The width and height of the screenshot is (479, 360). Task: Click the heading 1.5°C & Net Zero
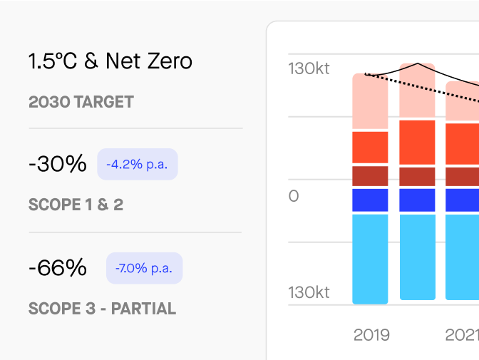point(110,61)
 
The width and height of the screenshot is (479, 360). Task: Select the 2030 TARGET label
point(81,102)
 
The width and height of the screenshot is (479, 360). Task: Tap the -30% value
point(57,164)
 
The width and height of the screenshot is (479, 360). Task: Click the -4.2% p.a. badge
point(138,165)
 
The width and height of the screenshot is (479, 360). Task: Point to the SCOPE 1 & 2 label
point(76,205)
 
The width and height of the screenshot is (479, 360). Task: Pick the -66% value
point(58,268)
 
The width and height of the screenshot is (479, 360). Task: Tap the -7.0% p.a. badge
point(145,269)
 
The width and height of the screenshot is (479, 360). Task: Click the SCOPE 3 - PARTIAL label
point(102,309)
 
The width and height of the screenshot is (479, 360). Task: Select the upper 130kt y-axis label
point(309,69)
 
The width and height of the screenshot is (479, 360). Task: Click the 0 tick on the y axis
point(294,196)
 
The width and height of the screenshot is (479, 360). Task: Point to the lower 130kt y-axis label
point(309,293)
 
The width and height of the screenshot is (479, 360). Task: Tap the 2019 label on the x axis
point(371,334)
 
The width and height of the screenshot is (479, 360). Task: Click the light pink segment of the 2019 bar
point(370,101)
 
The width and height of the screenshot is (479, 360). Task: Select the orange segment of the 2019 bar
point(370,148)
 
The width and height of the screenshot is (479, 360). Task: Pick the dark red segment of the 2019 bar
point(370,176)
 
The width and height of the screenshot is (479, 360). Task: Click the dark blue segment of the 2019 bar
point(370,200)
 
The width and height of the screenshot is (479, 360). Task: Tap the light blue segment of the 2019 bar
point(370,259)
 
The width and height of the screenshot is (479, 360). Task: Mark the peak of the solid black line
point(418,63)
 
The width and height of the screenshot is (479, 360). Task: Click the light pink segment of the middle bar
point(417,91)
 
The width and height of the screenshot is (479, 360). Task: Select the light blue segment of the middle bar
point(417,257)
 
